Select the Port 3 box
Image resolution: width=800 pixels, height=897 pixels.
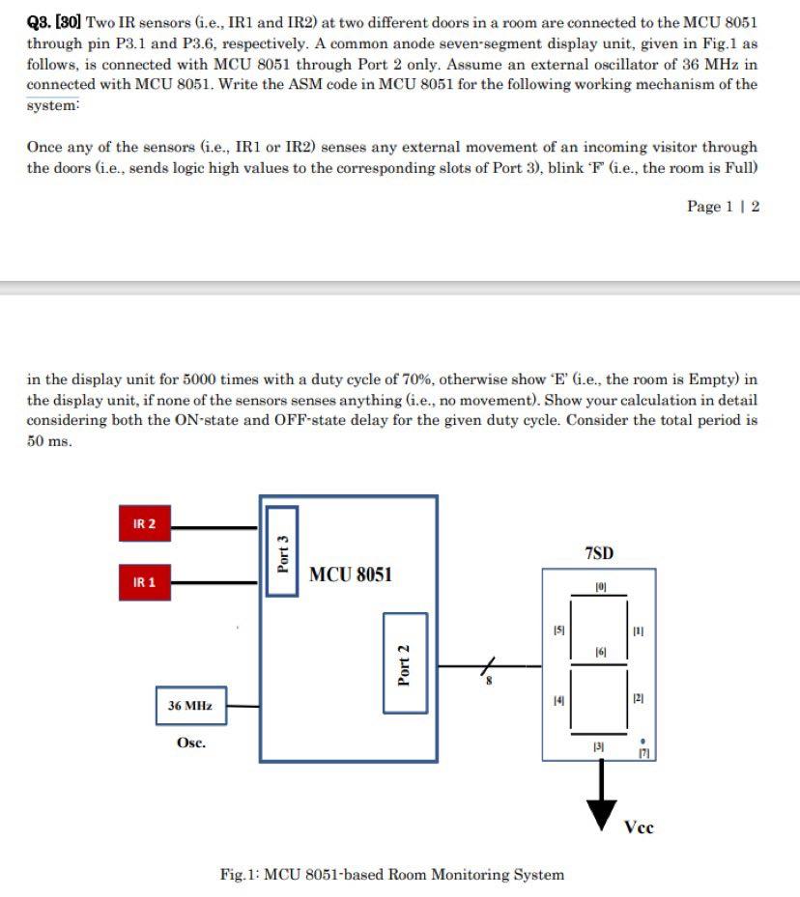tap(282, 550)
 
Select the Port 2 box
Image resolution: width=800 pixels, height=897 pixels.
tap(405, 662)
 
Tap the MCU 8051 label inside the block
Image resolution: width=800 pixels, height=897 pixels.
tap(351, 575)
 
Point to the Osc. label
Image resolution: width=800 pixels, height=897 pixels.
tap(190, 743)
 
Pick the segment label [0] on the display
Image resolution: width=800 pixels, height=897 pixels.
tap(599, 586)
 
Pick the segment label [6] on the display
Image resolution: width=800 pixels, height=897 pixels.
tap(599, 654)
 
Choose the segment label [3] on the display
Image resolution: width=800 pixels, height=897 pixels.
tap(599, 747)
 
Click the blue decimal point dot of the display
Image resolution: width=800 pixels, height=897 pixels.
tap(643, 743)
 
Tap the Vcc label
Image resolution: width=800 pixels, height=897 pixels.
tap(639, 827)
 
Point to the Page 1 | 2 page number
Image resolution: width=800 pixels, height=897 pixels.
tap(723, 206)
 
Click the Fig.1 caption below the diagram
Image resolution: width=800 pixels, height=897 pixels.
tap(391, 875)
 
